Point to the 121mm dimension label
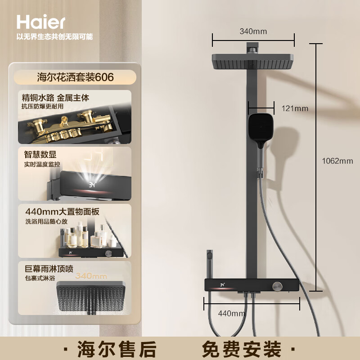pos(295,108)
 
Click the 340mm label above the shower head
pos(253,31)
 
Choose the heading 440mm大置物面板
pos(62,211)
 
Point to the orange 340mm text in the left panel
pos(91,276)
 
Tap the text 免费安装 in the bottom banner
pos(242,349)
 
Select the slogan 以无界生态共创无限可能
pos(54,36)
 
